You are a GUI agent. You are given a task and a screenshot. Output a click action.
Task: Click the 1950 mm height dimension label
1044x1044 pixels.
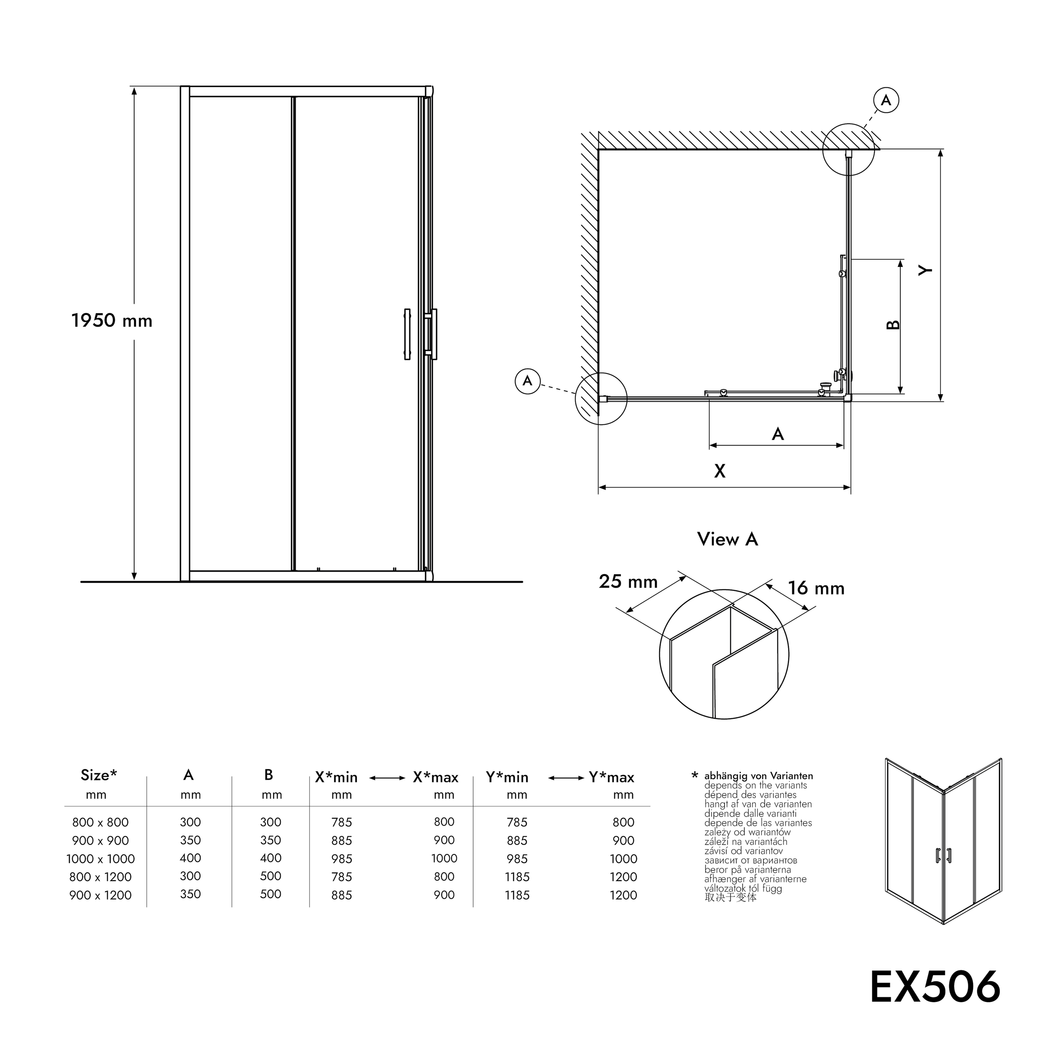click(x=112, y=321)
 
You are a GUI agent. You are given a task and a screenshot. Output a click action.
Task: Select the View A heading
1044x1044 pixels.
click(x=727, y=539)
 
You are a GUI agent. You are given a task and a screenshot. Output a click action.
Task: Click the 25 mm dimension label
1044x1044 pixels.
click(x=628, y=582)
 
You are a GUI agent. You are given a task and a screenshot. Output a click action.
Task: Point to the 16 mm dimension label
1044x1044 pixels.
click(x=816, y=588)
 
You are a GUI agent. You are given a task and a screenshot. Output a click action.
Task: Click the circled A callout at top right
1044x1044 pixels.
click(x=886, y=101)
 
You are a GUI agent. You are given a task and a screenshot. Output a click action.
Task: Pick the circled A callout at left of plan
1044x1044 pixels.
click(x=527, y=381)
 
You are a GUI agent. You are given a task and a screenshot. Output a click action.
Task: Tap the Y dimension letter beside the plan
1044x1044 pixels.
click(x=926, y=270)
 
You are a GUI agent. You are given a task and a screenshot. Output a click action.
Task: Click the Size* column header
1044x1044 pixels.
click(x=99, y=775)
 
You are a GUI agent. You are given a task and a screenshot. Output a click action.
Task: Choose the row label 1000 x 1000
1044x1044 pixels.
click(x=101, y=859)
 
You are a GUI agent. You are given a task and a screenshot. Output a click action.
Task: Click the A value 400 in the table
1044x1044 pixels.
click(x=190, y=858)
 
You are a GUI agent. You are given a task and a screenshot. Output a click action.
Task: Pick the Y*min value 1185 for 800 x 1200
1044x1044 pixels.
click(x=517, y=877)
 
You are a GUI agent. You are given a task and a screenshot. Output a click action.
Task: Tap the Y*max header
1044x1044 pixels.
click(x=611, y=778)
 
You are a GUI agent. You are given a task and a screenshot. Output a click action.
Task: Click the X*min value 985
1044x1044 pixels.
click(x=342, y=859)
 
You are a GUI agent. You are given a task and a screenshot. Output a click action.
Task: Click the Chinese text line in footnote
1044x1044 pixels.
click(x=730, y=897)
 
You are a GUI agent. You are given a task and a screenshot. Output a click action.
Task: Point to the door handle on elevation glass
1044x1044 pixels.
click(x=407, y=334)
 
